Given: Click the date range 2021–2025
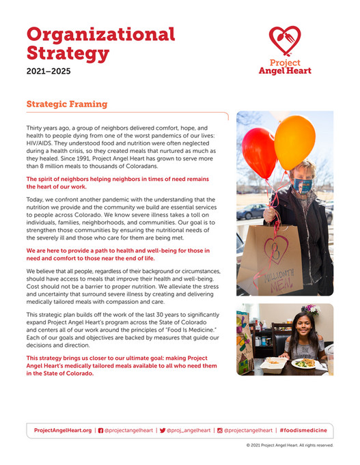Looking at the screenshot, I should pyautogui.click(x=48, y=70).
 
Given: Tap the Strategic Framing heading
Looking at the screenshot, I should pyautogui.click(x=66, y=104).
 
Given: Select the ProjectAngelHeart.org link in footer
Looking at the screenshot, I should pyautogui.click(x=62, y=430).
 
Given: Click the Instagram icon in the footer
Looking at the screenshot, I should pyautogui.click(x=219, y=430).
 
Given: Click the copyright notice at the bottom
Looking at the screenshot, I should pyautogui.click(x=290, y=445).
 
